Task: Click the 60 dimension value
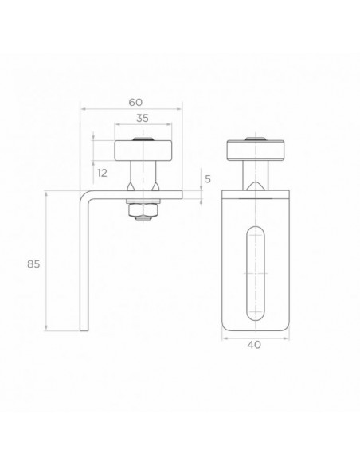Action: click(135, 102)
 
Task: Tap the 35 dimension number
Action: click(143, 118)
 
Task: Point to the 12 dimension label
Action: click(102, 173)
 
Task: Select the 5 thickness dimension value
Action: click(208, 179)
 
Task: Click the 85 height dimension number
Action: click(33, 264)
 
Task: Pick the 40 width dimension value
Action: click(254, 345)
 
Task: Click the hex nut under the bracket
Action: click(143, 210)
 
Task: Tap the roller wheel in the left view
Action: click(143, 151)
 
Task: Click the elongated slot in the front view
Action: click(256, 273)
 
